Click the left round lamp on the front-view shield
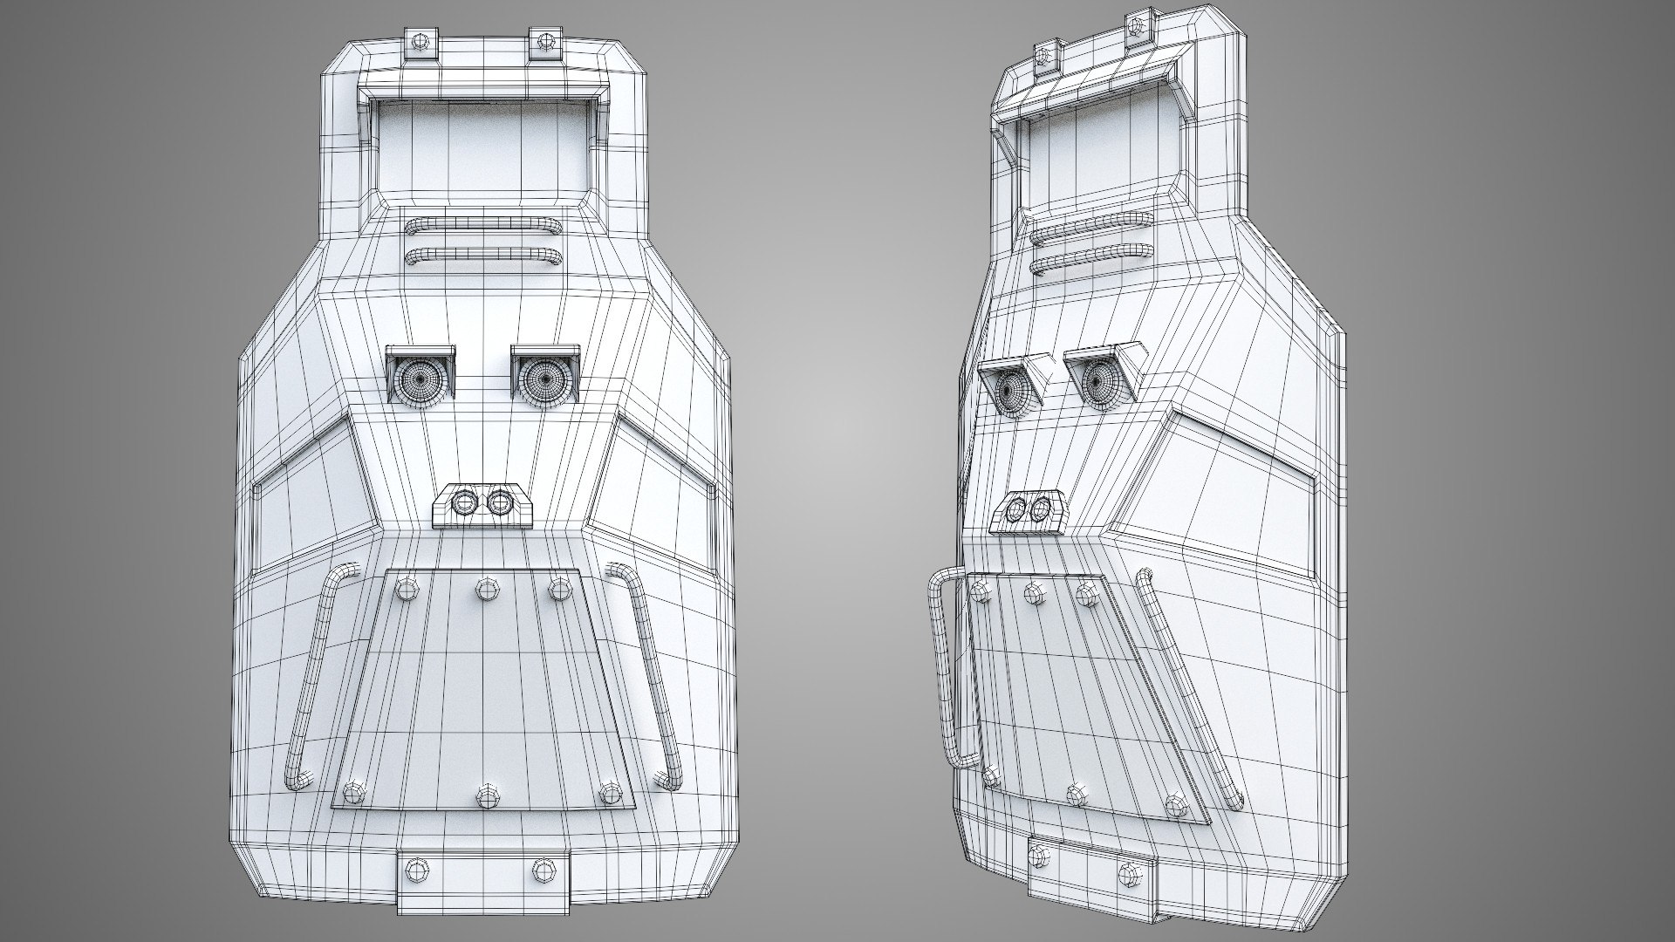tap(419, 379)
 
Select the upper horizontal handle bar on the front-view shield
tap(482, 225)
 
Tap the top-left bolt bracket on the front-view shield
tap(419, 44)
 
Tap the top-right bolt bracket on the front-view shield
tap(546, 43)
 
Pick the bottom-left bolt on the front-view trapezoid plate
tap(353, 792)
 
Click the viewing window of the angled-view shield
tap(1090, 157)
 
